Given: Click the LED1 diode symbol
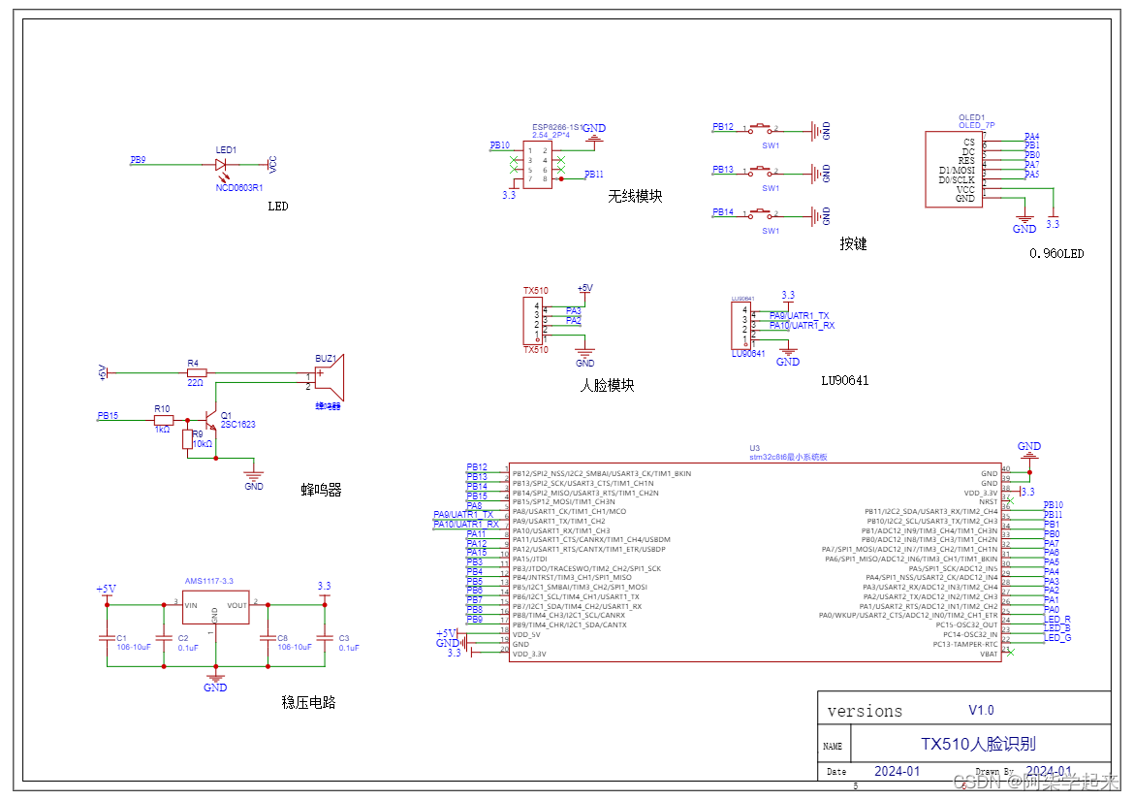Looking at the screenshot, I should click(223, 165).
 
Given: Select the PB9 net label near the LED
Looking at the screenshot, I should click(139, 160).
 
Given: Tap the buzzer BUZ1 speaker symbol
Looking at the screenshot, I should click(331, 379).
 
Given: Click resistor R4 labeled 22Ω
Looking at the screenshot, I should click(197, 372).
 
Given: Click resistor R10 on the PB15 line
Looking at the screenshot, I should click(162, 419).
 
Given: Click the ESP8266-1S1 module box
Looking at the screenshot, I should click(537, 164).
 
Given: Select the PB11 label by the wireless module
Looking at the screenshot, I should click(594, 175).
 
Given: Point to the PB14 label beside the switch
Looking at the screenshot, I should click(723, 212).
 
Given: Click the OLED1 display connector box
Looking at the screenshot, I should click(955, 170).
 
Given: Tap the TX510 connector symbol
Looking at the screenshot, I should click(531, 320).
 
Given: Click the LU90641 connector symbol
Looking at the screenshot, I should click(740, 325).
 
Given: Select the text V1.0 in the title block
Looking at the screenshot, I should click(981, 710).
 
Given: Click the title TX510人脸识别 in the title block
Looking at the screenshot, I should click(978, 744).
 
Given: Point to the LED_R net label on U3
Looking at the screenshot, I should click(1056, 619).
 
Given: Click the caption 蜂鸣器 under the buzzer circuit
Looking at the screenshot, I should click(321, 491).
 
